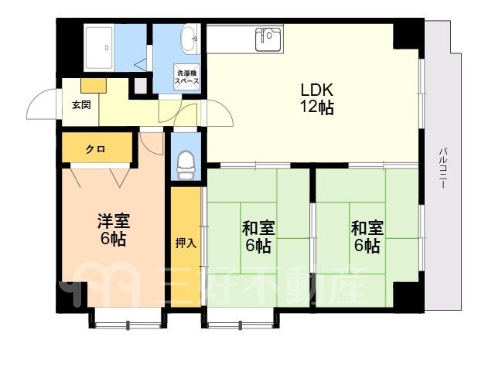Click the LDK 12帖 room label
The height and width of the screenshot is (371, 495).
point(316,98)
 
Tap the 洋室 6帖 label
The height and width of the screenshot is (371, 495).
point(114,230)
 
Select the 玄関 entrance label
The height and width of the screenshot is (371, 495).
point(81,105)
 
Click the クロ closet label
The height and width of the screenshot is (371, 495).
point(96,149)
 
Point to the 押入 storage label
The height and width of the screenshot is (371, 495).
point(186,243)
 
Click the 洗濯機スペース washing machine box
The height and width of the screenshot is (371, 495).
point(187,77)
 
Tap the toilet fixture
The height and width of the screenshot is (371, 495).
point(186,165)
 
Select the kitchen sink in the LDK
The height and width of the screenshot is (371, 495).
point(268,39)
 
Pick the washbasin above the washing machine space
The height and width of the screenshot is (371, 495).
point(189,39)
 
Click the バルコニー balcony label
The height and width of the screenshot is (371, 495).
point(443,168)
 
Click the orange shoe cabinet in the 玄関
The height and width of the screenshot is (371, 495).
point(94,86)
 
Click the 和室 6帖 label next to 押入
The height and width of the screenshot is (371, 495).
point(258,237)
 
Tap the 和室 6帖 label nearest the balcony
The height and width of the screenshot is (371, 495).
point(367,237)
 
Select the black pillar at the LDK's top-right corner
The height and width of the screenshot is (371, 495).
point(406,36)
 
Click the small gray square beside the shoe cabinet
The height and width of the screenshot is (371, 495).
point(141,85)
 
